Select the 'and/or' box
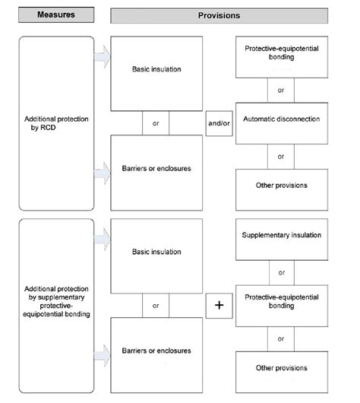(x=219, y=123)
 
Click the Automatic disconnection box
(x=281, y=119)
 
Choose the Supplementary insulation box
(x=281, y=235)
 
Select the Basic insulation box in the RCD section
(x=156, y=73)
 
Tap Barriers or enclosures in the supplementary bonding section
(x=156, y=351)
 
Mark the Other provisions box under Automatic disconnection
(x=281, y=185)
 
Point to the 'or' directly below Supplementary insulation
(x=281, y=271)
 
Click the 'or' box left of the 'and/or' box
(x=156, y=123)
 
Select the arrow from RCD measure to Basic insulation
(x=102, y=57)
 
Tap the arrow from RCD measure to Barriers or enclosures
(x=102, y=173)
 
